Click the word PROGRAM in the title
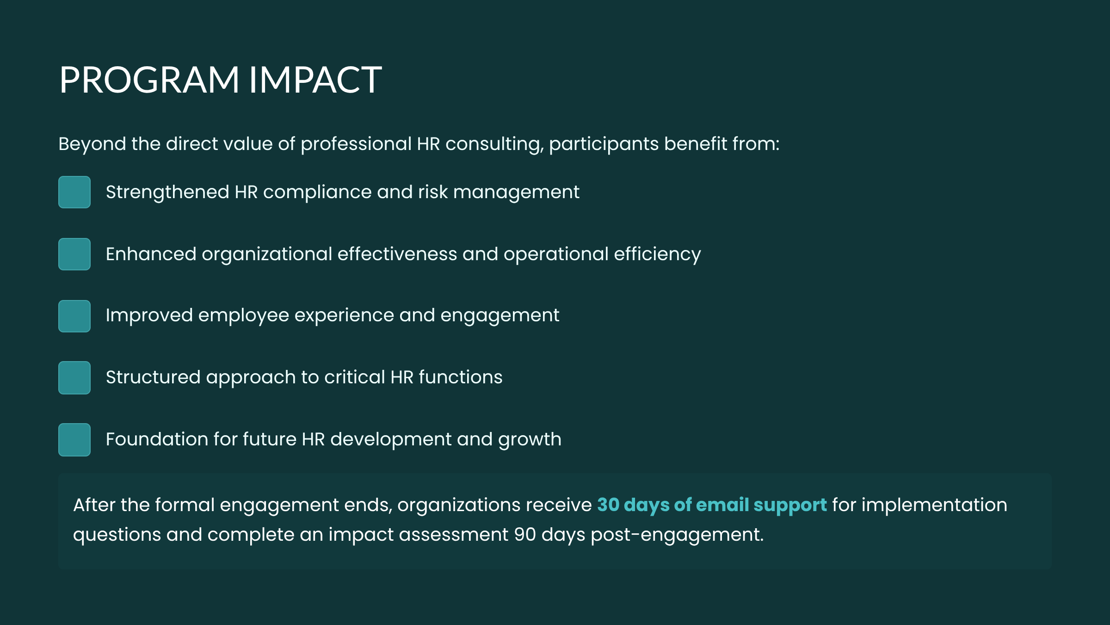click(x=149, y=80)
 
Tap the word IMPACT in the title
click(x=315, y=80)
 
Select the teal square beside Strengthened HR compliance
click(x=74, y=192)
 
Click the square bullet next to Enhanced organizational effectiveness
click(x=74, y=254)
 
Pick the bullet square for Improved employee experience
click(x=74, y=316)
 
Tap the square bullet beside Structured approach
click(x=74, y=378)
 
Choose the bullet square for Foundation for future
click(x=74, y=440)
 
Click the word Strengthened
click(x=167, y=192)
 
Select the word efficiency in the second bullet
click(x=657, y=254)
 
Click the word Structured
click(x=153, y=377)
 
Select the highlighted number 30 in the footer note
click(x=608, y=505)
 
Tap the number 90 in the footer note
click(x=525, y=535)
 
